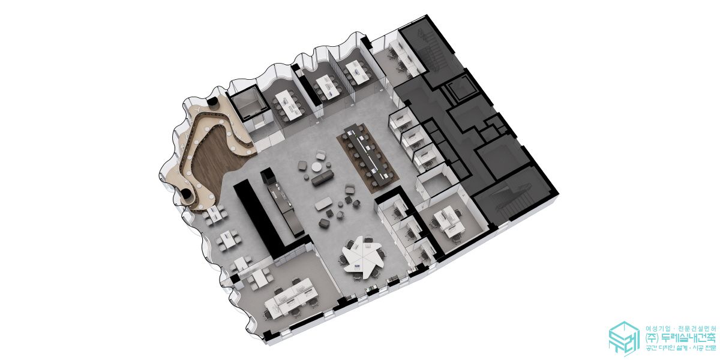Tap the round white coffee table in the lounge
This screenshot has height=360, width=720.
[x=317, y=167]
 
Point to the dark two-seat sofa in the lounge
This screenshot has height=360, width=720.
[x=322, y=178]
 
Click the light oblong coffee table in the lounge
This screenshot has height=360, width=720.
[x=323, y=204]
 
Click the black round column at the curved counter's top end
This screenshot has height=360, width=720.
[x=212, y=102]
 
